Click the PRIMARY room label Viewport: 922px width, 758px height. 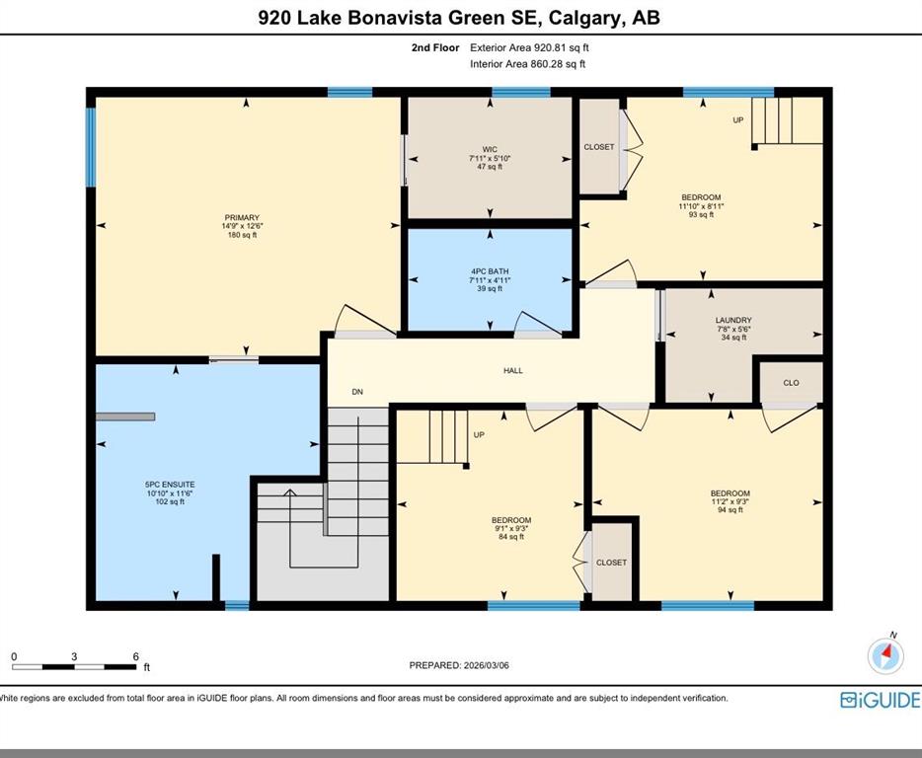pos(242,217)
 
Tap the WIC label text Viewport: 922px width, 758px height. pos(490,149)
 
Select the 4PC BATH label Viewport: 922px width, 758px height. pos(490,271)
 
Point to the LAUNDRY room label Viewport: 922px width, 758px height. pos(733,321)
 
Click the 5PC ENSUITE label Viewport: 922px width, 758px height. pos(170,485)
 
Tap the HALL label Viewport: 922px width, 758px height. pos(512,370)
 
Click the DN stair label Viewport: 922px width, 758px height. pos(357,392)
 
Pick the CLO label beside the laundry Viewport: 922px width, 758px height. pos(791,383)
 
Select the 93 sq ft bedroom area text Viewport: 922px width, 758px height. pos(701,214)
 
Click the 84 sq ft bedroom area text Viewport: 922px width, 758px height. pos(511,536)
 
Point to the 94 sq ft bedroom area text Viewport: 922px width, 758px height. pos(730,510)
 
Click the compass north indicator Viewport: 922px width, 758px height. pos(886,654)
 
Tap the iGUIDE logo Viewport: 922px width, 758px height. pos(881,700)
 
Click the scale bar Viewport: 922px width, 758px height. pos(74,667)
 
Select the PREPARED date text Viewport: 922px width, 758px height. pos(459,665)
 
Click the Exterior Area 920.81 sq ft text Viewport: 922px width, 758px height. pos(529,47)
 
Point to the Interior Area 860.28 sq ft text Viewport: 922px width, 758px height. pos(527,64)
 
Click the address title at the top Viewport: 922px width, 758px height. pos(459,18)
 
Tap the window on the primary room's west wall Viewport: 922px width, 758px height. pos(91,147)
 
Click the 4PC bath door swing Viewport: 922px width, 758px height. pos(537,324)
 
